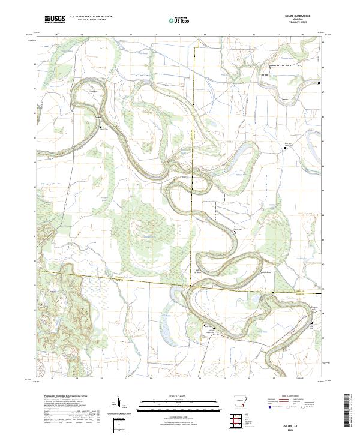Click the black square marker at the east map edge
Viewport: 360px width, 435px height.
tap(319, 83)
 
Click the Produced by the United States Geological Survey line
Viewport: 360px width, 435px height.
tap(62, 397)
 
